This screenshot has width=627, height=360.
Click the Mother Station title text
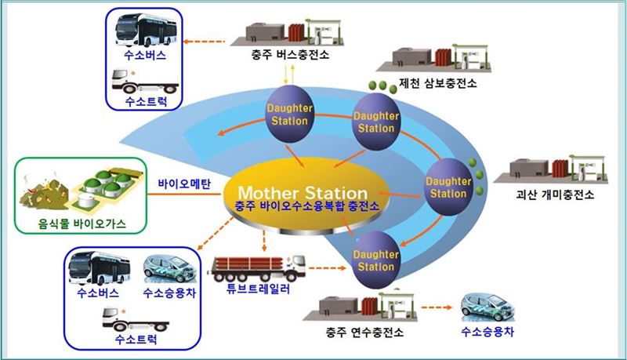pyautogui.click(x=303, y=192)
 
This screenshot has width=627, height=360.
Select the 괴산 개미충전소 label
pyautogui.click(x=557, y=194)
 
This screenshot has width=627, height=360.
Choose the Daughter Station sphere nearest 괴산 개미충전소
pyautogui.click(x=449, y=180)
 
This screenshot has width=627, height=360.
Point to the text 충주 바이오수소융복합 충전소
pyautogui.click(x=302, y=207)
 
